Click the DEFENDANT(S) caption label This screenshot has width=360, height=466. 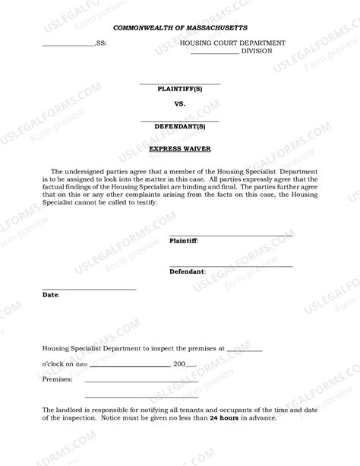point(180,126)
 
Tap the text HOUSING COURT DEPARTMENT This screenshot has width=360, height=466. point(232,43)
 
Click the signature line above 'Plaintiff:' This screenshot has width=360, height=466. point(230,235)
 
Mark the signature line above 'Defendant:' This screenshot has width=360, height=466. point(230,266)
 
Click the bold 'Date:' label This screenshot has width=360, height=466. point(50,293)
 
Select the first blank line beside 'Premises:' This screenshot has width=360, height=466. point(141,380)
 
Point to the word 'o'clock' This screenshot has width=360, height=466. point(57,363)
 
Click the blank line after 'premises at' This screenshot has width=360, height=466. point(245,350)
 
